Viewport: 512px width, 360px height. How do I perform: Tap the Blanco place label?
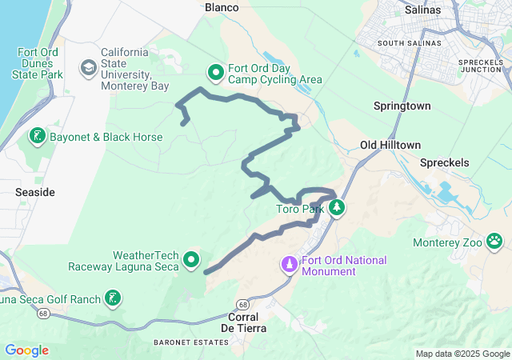point(222,7)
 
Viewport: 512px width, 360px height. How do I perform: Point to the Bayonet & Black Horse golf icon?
point(37,137)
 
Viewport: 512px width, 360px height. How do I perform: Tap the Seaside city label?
point(35,193)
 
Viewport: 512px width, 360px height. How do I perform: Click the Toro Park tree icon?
point(338,208)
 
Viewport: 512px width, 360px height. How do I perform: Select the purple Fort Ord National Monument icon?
point(290,263)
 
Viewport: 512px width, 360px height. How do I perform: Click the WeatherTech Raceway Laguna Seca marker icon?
point(191,259)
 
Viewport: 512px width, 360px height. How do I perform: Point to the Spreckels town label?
point(446,162)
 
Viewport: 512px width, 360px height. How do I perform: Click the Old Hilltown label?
point(390,145)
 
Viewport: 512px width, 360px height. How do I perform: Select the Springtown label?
point(402,106)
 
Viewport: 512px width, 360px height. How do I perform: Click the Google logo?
point(26,350)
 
